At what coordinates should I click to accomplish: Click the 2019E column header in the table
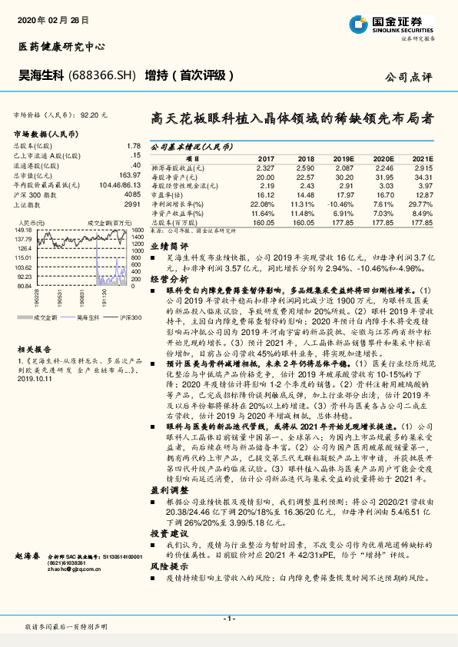(x=344, y=158)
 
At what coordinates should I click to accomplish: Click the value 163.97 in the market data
(x=131, y=174)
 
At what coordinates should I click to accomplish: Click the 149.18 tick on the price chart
(x=22, y=230)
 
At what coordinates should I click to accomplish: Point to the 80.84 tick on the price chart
(x=23, y=285)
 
